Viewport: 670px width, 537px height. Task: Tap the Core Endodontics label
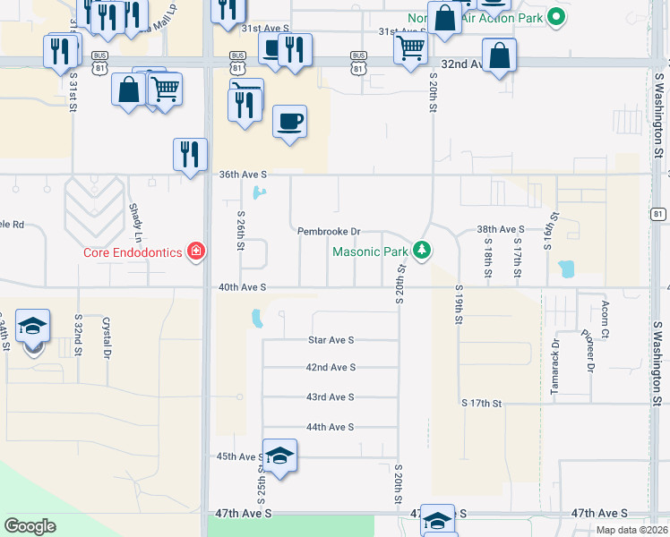pos(133,252)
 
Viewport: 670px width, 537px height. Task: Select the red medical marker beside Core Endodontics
pos(195,251)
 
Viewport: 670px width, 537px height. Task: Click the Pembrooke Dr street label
pos(329,231)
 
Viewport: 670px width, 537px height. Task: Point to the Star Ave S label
pos(331,340)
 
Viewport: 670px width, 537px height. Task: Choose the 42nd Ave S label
pos(331,367)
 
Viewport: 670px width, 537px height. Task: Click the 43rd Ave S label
pos(331,396)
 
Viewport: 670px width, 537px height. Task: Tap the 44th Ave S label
pos(331,427)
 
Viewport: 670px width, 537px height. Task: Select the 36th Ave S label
pos(244,175)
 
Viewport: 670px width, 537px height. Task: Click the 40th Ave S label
pos(243,287)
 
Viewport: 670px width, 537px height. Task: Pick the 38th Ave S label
pos(500,229)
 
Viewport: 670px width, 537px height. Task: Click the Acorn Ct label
pos(606,333)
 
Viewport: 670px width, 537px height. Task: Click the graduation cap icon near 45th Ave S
pos(279,455)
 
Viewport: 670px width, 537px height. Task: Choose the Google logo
pos(30,526)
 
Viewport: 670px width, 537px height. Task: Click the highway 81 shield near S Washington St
pos(658,214)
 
